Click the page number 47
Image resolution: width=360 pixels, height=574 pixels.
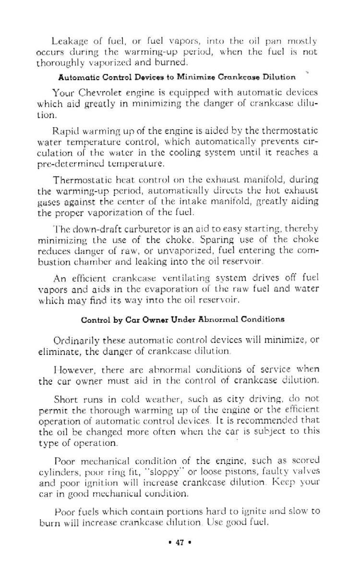point(180,553)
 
